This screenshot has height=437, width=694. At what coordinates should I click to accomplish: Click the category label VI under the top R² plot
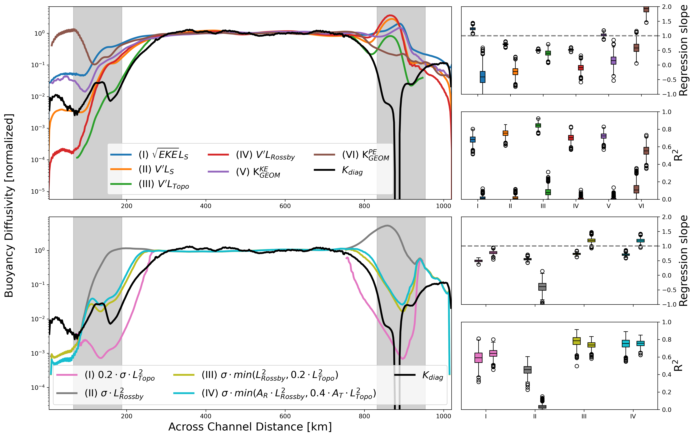(641, 206)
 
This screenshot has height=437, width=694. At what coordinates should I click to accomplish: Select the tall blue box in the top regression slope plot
(482, 77)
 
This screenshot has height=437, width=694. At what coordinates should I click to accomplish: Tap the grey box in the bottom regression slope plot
(542, 287)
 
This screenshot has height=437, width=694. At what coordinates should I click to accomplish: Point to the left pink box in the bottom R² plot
(478, 358)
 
